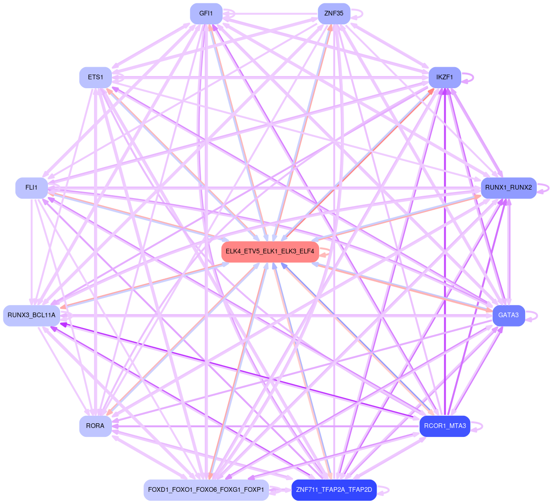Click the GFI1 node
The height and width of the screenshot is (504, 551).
click(x=206, y=14)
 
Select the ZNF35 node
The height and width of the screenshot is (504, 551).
click(x=334, y=14)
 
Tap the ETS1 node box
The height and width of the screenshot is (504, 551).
click(x=95, y=77)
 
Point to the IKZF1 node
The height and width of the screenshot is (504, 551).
click(x=444, y=77)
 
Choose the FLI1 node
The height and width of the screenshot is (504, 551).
click(x=31, y=188)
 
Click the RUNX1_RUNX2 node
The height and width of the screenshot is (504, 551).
click(x=508, y=188)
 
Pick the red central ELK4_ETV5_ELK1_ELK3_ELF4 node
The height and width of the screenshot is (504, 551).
click(x=270, y=252)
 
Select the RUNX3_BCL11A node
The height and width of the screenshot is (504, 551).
click(x=31, y=315)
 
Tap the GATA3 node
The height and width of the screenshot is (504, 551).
click(x=508, y=315)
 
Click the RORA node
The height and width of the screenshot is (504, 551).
click(x=95, y=426)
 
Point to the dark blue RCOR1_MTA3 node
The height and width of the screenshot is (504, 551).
click(x=444, y=426)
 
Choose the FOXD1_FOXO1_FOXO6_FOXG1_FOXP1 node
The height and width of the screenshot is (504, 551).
click(x=206, y=490)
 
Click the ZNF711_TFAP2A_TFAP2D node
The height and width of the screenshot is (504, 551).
click(x=334, y=490)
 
